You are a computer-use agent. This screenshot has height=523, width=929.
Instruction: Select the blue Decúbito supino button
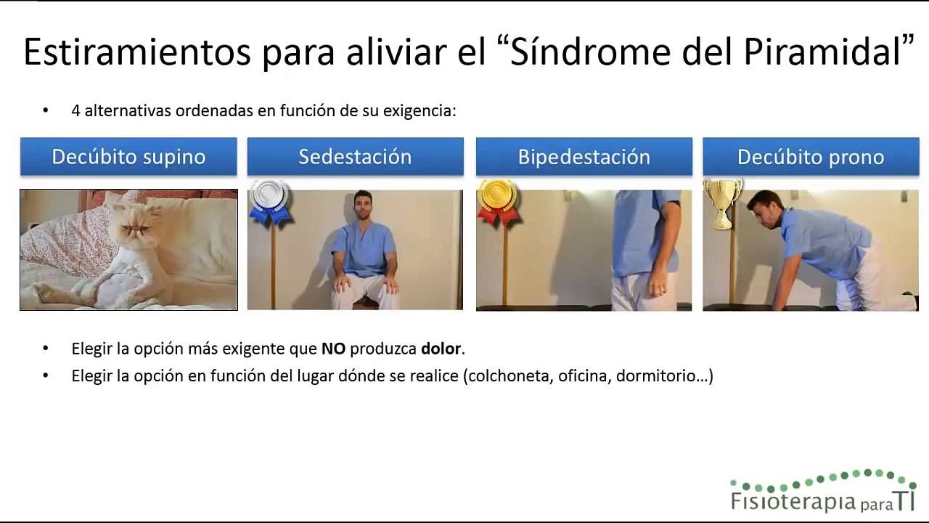click(128, 157)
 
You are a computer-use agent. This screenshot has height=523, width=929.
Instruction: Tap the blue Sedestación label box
click(355, 157)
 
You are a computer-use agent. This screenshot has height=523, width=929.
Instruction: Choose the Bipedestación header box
click(584, 157)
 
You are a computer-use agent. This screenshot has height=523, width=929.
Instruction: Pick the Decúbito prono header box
click(811, 157)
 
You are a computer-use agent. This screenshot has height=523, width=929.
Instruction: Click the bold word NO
click(333, 349)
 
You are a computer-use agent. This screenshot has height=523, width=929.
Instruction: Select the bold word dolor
click(441, 349)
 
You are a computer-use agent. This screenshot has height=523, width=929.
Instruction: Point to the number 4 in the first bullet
click(75, 111)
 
